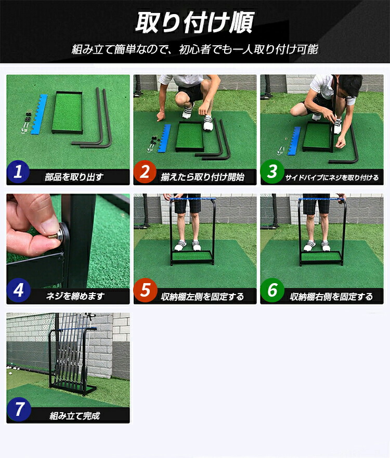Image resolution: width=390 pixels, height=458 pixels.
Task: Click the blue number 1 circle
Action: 18,172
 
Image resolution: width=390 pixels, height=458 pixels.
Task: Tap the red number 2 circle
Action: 145,172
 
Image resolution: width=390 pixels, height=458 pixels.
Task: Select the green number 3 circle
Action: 272,172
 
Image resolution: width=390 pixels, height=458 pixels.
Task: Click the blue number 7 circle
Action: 18,410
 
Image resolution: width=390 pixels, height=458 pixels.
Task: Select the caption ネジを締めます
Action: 75,296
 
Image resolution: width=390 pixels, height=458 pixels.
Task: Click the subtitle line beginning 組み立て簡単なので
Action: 194,50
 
